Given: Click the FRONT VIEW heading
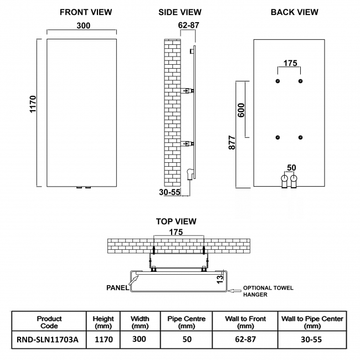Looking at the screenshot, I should [85, 12].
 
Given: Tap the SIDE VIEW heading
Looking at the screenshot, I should [179, 12].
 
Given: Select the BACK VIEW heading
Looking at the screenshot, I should [294, 12].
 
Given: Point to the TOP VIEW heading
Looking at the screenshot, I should [177, 222].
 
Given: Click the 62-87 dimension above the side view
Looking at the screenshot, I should [189, 25].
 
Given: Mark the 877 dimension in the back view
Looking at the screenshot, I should [232, 142].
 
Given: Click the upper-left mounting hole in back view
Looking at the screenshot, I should [277, 81].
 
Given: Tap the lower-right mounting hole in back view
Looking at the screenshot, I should [301, 137].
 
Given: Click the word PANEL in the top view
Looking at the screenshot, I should [117, 287].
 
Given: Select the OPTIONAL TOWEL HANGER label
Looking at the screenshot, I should [265, 291].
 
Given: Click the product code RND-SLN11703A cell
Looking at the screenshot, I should [48, 339].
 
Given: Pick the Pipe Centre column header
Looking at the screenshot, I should [186, 322].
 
